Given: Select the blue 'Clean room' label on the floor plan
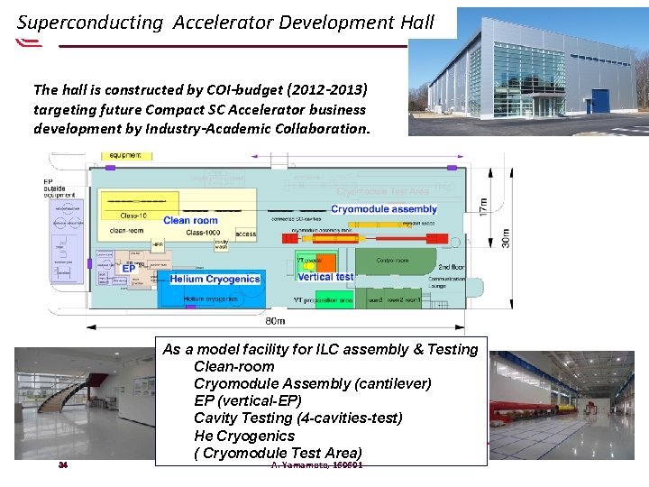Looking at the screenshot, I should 190,220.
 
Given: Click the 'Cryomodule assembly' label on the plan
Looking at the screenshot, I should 384,209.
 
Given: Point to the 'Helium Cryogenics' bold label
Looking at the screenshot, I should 215,279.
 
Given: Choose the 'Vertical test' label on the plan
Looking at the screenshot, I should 325,277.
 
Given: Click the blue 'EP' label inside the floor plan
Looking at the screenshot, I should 129,268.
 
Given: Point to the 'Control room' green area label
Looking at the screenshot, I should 393,261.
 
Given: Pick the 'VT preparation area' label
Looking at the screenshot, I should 323,299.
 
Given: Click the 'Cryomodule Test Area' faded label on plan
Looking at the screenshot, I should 382,191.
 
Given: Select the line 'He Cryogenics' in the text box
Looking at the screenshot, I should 243,436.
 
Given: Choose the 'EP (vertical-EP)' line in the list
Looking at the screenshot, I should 247,401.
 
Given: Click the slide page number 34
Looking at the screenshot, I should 62,465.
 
